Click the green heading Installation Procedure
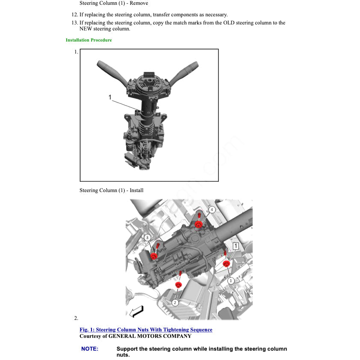click(89, 40)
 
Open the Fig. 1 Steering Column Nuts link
click(146, 330)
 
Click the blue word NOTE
click(90, 349)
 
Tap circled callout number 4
click(212, 210)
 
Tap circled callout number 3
click(147, 237)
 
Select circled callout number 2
click(175, 302)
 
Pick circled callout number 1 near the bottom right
click(231, 281)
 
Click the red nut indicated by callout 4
click(198, 224)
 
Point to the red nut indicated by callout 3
click(154, 256)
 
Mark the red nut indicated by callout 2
click(179, 284)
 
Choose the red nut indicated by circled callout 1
click(227, 263)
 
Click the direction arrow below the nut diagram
click(136, 312)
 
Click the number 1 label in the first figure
click(110, 97)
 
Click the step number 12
click(74, 15)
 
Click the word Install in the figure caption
click(136, 190)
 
